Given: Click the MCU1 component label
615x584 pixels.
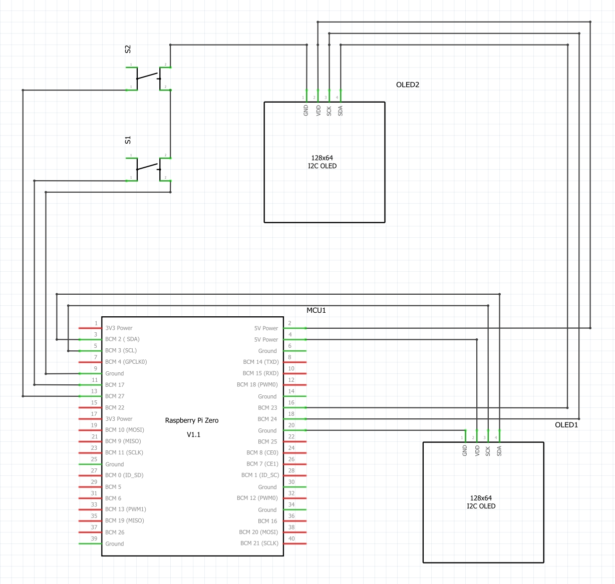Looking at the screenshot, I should pyautogui.click(x=316, y=310).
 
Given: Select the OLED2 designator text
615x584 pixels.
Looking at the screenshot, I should pyautogui.click(x=407, y=85).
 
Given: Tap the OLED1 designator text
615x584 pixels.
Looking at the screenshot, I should pyautogui.click(x=566, y=425).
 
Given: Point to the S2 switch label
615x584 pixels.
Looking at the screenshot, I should pyautogui.click(x=128, y=49).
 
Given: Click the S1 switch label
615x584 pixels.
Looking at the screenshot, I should pyautogui.click(x=128, y=140).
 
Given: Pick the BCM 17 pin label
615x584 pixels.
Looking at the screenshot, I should pyautogui.click(x=115, y=385).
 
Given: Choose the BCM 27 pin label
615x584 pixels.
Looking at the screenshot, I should pyautogui.click(x=115, y=396).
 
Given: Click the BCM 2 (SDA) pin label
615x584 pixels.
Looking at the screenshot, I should pyautogui.click(x=122, y=339).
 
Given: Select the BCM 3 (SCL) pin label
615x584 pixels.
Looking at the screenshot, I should pyautogui.click(x=121, y=350).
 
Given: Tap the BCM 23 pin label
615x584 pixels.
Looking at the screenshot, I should pyautogui.click(x=267, y=408).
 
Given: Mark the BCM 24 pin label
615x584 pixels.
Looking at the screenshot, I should pyautogui.click(x=267, y=419).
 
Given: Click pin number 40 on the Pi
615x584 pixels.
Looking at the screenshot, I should pyautogui.click(x=291, y=539).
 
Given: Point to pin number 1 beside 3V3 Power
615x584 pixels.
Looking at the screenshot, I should pyautogui.click(x=96, y=323).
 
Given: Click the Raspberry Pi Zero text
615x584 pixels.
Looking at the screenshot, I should pyautogui.click(x=192, y=420).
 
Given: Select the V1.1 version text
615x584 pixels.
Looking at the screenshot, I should pyautogui.click(x=193, y=434).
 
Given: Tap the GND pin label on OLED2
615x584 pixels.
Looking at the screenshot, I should pyautogui.click(x=306, y=111).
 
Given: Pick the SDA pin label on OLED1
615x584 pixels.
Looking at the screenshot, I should pyautogui.click(x=499, y=451).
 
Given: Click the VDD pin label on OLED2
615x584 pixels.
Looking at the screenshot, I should pyautogui.click(x=318, y=111).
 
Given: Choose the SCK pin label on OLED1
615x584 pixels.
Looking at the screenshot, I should pyautogui.click(x=488, y=451).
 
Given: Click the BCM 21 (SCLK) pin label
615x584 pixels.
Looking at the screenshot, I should pyautogui.click(x=259, y=543).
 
